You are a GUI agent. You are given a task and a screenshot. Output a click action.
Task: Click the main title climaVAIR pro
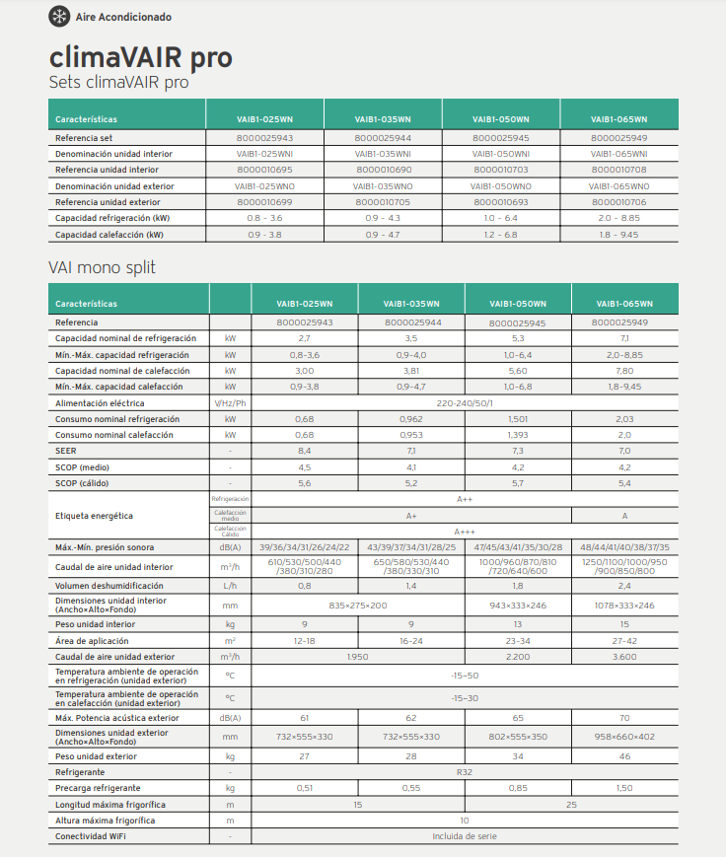pos(141,56)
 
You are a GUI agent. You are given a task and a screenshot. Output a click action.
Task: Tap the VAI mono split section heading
pos(102,267)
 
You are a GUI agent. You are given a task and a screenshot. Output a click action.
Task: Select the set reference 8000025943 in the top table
pos(264,138)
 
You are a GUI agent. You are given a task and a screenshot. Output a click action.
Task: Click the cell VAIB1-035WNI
pos(383,154)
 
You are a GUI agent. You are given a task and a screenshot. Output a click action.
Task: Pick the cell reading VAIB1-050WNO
pos(501,185)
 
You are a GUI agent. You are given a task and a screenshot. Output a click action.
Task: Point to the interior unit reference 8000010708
pos(619,170)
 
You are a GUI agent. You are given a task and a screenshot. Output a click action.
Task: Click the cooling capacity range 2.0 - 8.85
pos(619,217)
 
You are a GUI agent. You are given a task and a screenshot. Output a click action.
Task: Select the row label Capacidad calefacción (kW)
pos(109,235)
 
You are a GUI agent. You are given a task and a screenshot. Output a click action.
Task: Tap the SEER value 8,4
pos(304,451)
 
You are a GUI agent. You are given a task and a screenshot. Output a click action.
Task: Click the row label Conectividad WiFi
pos(91,836)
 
